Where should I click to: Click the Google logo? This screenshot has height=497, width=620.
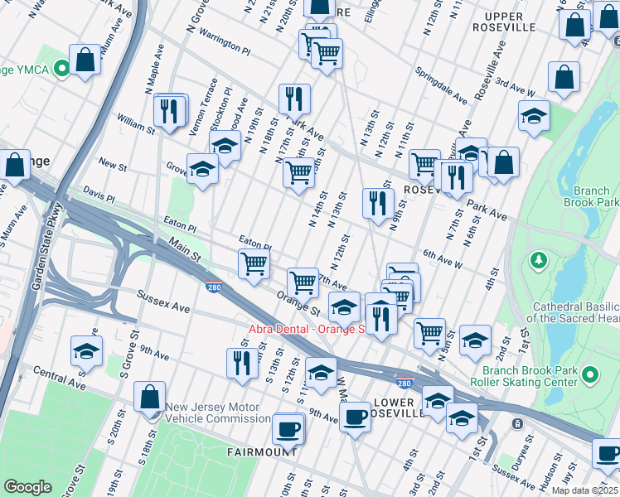27,487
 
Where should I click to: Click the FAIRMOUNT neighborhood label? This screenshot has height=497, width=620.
263,452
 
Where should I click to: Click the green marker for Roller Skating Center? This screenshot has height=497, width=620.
590,376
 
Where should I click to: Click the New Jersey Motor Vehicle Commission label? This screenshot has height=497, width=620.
217,413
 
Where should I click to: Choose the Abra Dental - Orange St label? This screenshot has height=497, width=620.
308,329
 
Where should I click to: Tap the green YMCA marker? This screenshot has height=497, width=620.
61,70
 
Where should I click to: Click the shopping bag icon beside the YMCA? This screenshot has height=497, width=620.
85,60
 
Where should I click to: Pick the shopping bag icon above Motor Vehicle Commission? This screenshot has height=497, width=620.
150,398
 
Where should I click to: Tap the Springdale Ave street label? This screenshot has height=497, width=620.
442,81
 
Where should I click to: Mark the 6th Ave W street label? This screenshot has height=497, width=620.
441,258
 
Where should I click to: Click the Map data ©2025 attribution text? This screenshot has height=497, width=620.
584,490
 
